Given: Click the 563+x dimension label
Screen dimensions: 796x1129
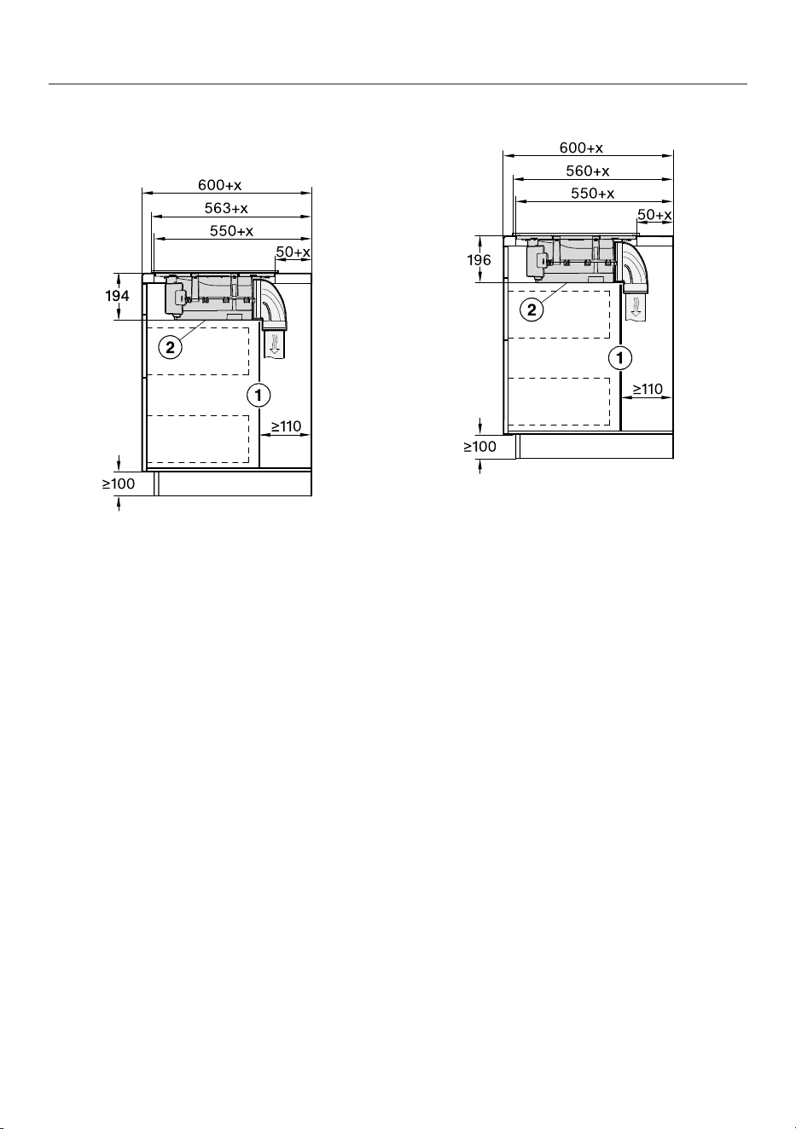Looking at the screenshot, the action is tap(226, 208).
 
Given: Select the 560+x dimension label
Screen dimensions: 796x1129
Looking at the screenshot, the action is tap(588, 171).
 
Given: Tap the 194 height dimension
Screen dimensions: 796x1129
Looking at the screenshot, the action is tap(117, 296).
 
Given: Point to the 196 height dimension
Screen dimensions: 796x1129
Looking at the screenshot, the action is tap(479, 260).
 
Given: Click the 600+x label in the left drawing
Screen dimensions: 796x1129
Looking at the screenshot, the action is tap(219, 185).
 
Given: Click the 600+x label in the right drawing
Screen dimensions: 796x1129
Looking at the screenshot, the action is tap(581, 148).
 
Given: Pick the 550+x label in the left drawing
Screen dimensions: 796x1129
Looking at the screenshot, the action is tap(231, 231).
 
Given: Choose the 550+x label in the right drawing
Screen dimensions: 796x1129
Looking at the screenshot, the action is tap(593, 194).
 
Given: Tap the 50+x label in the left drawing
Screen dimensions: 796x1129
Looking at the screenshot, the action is tap(293, 252).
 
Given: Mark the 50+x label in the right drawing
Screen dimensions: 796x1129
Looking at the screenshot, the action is tap(654, 215).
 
